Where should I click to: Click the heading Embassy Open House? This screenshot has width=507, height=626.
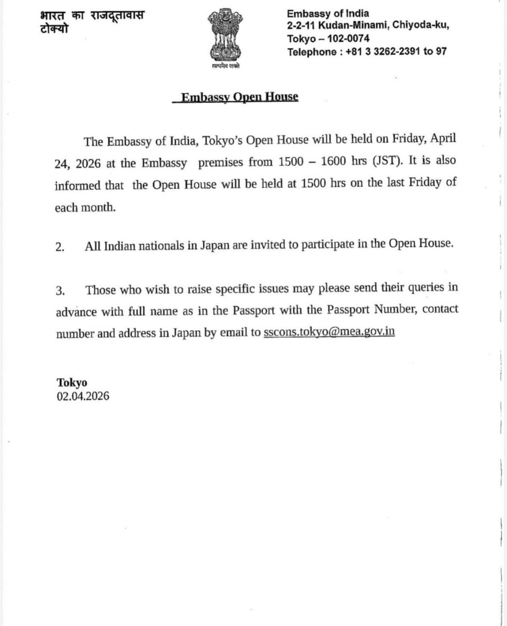(x=239, y=97)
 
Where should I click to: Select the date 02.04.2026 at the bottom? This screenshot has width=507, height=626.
(x=83, y=396)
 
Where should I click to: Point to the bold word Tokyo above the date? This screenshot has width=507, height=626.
(x=72, y=383)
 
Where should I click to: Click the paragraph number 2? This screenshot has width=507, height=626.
(x=60, y=247)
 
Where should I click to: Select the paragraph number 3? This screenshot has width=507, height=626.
(x=60, y=291)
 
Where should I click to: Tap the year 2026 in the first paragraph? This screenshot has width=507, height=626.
(x=88, y=164)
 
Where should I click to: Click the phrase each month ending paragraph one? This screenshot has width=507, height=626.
(x=85, y=208)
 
